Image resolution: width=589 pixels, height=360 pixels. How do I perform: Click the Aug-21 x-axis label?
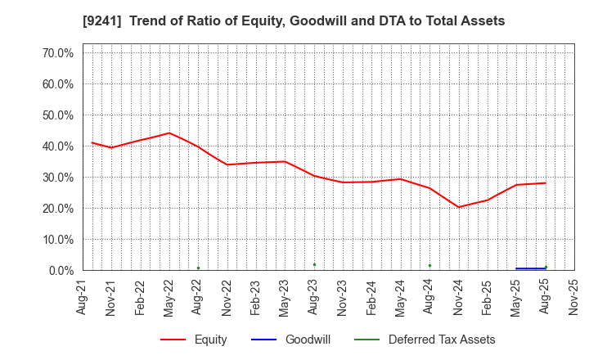[x=83, y=295]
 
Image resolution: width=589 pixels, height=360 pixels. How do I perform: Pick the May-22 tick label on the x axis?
[x=169, y=295]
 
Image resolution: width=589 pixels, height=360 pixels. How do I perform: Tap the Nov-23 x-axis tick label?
[x=343, y=295]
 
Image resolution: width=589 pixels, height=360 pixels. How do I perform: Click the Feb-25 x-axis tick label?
[x=488, y=295]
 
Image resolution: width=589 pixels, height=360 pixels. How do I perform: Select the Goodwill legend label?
[x=308, y=340]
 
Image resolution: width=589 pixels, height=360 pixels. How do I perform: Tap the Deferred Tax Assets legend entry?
[x=442, y=340]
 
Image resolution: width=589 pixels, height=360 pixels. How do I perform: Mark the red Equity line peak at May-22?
[x=169, y=133]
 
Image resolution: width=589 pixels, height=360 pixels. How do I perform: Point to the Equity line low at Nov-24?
[x=458, y=207]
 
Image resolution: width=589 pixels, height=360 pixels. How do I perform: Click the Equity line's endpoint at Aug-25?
[x=546, y=182]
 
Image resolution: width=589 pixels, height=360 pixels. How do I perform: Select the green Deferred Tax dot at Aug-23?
[x=314, y=264]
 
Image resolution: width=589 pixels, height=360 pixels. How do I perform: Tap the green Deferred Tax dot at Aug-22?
[x=198, y=268]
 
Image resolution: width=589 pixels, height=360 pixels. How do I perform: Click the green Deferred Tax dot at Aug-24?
[x=429, y=265]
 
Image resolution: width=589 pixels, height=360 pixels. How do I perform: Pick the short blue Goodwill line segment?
[x=530, y=268]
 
